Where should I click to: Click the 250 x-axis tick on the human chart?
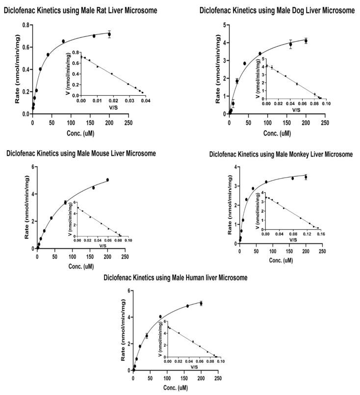(218, 378)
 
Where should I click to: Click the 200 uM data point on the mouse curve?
(107, 180)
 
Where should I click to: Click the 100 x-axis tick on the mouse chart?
(72, 256)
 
